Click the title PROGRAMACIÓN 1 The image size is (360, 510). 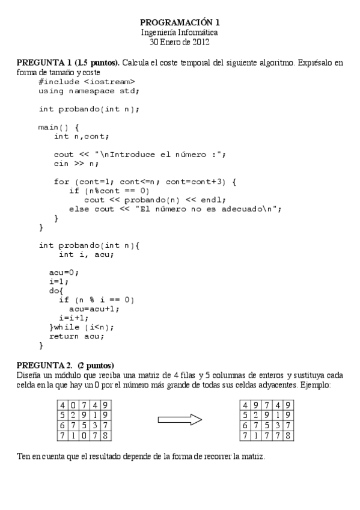tap(180, 22)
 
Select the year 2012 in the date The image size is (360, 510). tap(200, 42)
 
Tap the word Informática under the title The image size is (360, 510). tap(196, 32)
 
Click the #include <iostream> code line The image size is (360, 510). tap(87, 82)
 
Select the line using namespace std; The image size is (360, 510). tap(89, 91)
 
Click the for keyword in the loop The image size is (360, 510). tap(61, 182)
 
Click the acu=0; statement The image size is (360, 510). tap(64, 272)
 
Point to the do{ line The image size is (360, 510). tap(56, 290)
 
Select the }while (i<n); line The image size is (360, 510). tap(81, 327)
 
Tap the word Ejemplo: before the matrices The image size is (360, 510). tap(315, 384)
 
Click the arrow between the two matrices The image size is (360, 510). tap(179, 420)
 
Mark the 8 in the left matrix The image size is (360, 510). tap(106, 435)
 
